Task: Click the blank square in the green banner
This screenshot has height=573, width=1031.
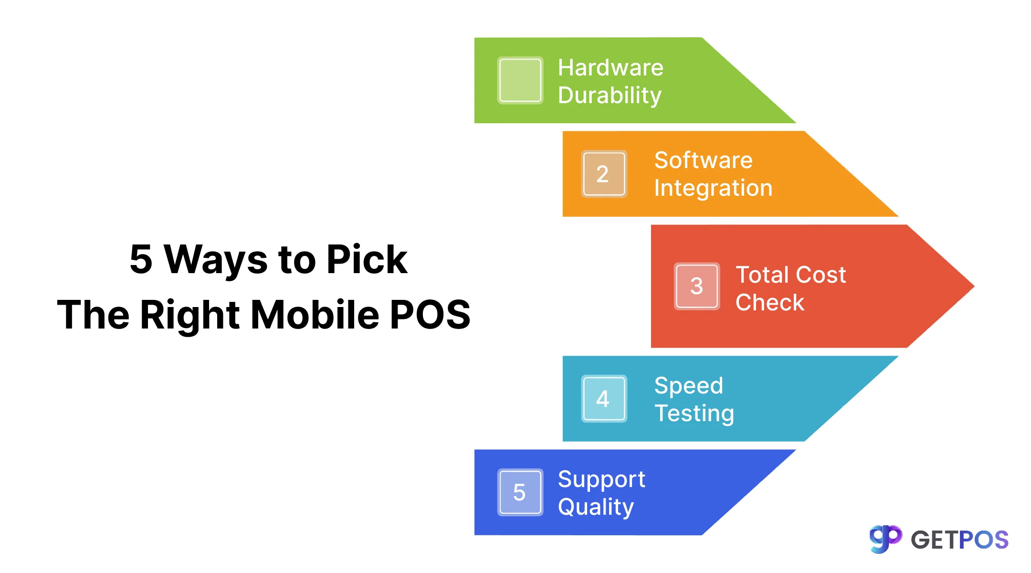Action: pos(520,80)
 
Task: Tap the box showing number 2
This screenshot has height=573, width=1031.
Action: pos(604,174)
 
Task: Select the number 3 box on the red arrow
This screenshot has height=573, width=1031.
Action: pos(696,286)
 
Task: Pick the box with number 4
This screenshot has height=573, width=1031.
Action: pos(604,399)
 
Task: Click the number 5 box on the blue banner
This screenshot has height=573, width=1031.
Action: pos(520,492)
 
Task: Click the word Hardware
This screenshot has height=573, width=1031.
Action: pos(610,68)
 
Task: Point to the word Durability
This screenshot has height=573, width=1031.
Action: pos(610,95)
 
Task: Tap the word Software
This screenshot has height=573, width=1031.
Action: pos(703,160)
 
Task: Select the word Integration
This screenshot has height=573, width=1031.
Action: pos(713,188)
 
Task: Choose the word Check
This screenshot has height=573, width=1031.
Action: pos(770,302)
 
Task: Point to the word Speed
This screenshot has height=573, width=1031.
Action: pos(689,386)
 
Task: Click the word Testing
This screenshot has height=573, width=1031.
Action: pos(694,414)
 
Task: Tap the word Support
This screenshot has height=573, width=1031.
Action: pos(601,479)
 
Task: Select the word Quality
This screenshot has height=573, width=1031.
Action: pos(596,507)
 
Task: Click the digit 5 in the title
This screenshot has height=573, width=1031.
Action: pos(141,259)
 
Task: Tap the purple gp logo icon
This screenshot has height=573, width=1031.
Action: pos(885,539)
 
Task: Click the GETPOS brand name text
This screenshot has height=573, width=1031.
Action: pos(959,540)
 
